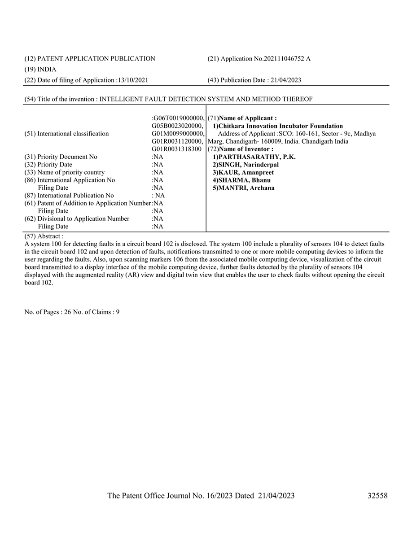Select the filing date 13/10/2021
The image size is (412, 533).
click(x=132, y=80)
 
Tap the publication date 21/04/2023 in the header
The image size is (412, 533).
click(x=285, y=80)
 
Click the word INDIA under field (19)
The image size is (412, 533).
click(x=47, y=69)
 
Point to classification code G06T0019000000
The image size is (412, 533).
click(x=178, y=118)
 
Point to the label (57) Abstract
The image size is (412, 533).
click(x=44, y=235)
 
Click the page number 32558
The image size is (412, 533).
click(x=377, y=495)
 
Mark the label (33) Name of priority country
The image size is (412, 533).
click(x=65, y=172)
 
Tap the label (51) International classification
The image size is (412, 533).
click(x=66, y=133)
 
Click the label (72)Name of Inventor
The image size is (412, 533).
click(x=241, y=149)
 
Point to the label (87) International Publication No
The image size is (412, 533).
click(x=69, y=196)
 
